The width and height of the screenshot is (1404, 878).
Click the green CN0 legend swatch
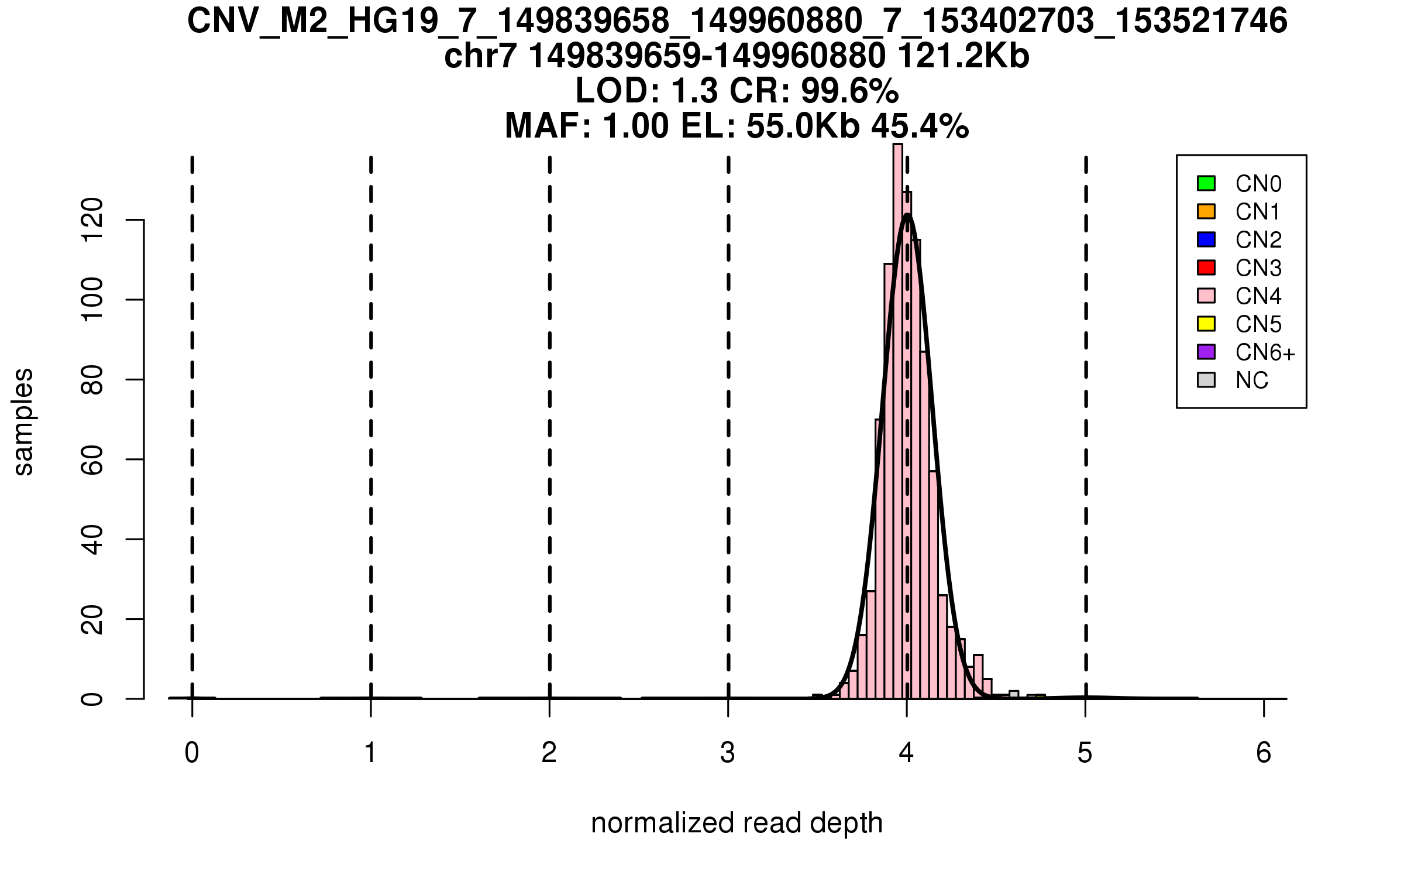(x=1206, y=183)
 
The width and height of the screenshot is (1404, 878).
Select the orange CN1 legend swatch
(x=1206, y=211)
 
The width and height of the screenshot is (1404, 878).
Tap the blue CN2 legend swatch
(x=1206, y=239)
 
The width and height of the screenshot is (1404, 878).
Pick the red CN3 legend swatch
(x=1206, y=267)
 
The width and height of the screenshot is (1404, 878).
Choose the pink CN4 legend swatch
(x=1206, y=296)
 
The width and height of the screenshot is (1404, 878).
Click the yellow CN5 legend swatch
(x=1206, y=324)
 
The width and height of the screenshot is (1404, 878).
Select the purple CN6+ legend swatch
(x=1206, y=352)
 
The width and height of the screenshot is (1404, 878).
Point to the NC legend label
(x=1251, y=380)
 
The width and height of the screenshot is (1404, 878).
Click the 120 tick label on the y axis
(x=92, y=220)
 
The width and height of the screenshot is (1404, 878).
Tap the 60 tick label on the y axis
(x=92, y=459)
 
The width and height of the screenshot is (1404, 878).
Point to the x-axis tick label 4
(x=906, y=753)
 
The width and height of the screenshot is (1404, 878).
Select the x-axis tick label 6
(x=1264, y=753)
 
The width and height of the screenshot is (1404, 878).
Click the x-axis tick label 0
(x=192, y=753)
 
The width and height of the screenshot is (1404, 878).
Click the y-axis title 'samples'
(x=23, y=421)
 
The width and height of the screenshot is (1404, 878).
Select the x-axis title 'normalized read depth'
(x=737, y=823)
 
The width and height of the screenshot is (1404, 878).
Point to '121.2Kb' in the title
(x=963, y=56)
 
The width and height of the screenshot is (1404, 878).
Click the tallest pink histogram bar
(x=897, y=421)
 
